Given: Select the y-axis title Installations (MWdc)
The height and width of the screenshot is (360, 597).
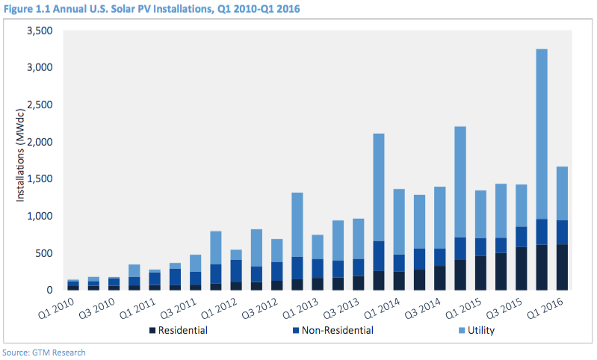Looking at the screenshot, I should tap(19, 160).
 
